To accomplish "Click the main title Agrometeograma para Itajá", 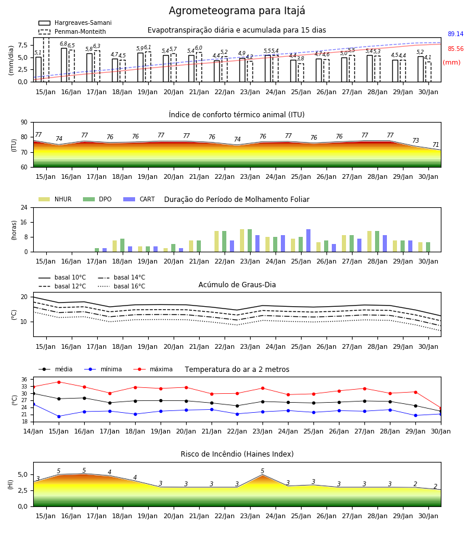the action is coord(236,11).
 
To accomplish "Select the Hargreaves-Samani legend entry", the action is coord(75,23).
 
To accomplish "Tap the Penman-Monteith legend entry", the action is coord(72,31).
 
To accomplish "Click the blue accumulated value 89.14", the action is coord(456,34).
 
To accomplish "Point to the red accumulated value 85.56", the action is coord(456,49).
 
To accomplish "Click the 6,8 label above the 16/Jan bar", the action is coord(63,44).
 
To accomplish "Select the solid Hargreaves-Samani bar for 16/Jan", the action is coord(64,65).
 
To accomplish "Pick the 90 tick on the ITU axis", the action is coord(24,123).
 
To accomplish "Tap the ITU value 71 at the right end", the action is coord(435,145).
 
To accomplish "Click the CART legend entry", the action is coord(139,199).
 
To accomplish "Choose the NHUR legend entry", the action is coord(55,199).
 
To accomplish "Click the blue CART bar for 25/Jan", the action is coord(309,240).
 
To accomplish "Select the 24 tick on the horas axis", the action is coord(24,208).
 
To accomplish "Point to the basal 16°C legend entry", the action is coord(121,286).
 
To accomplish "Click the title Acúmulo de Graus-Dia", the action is coord(237,285).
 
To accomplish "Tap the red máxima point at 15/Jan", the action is coord(59,382).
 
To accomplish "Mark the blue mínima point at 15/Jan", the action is coord(59,416).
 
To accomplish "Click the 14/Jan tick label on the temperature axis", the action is coord(33,431).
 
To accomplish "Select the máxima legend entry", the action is coord(153,369).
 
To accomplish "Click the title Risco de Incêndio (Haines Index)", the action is coord(237,454).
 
